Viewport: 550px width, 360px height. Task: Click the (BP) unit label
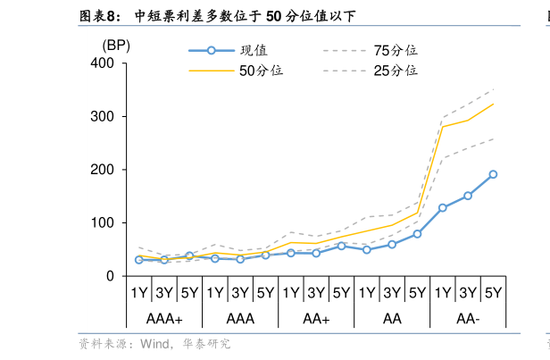(x=116, y=46)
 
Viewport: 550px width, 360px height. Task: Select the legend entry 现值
(x=254, y=51)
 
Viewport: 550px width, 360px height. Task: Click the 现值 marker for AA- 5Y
(x=493, y=175)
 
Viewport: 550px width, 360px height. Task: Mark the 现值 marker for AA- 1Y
(x=443, y=208)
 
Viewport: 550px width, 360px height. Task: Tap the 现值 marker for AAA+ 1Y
(x=139, y=260)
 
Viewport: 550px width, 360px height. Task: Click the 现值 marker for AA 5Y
(x=417, y=234)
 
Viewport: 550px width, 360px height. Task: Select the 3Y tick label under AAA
(x=240, y=292)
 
